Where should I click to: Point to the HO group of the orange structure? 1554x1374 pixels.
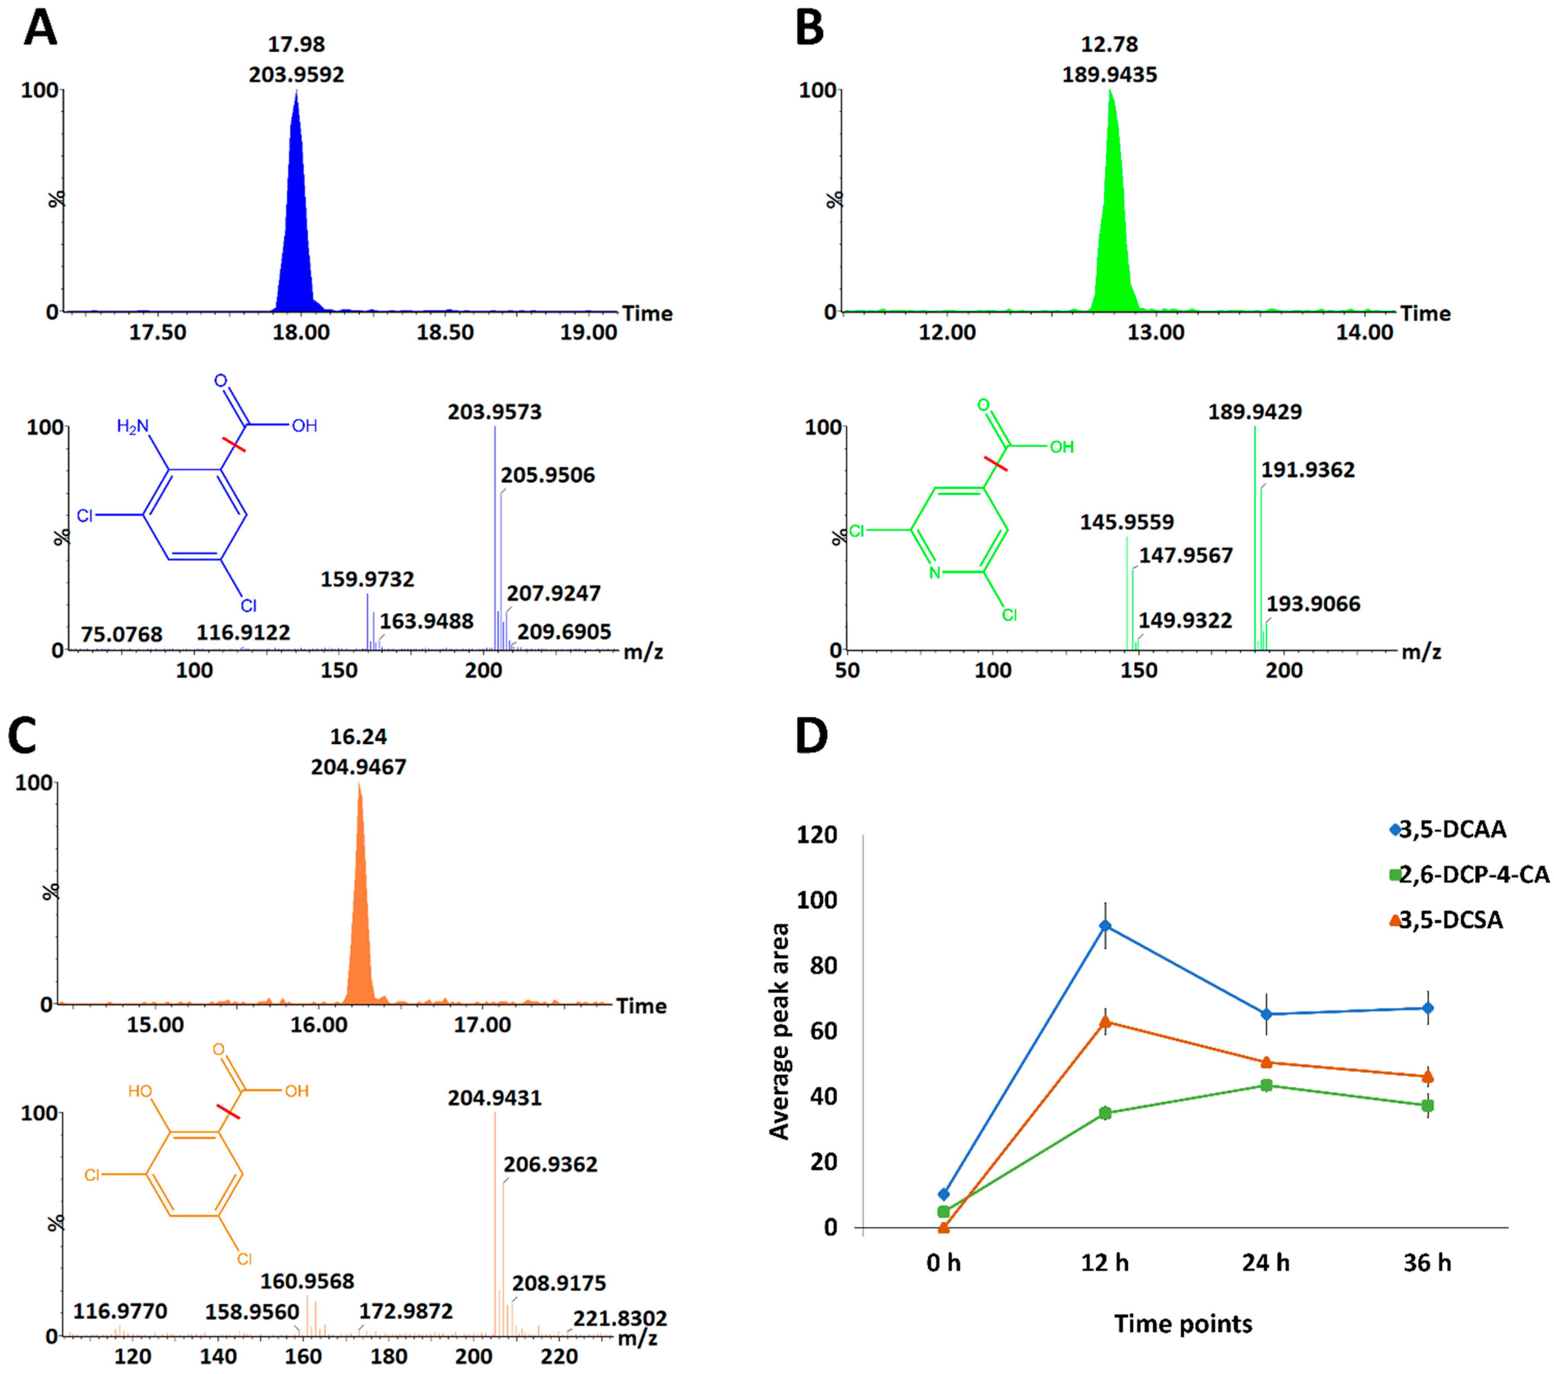140,1091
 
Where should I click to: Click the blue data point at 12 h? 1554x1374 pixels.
1106,926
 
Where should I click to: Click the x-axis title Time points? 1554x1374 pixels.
1183,1324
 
